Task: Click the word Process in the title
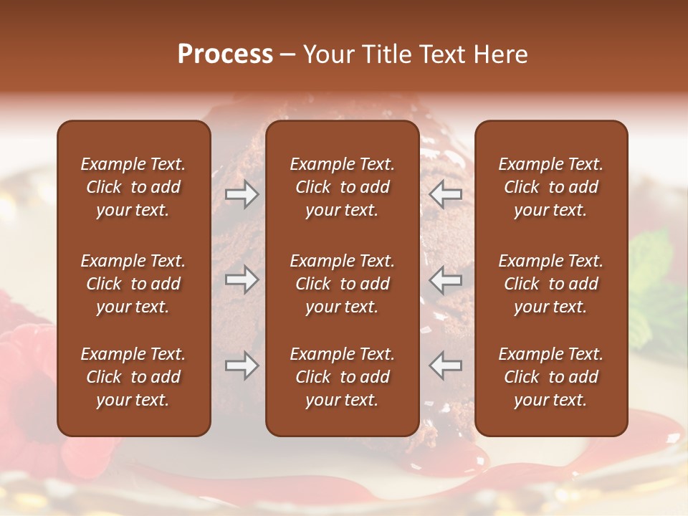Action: [x=225, y=54]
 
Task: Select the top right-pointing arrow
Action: [x=242, y=194]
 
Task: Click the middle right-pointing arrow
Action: [x=242, y=279]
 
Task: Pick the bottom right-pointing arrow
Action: [x=242, y=365]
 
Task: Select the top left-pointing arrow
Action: [x=446, y=194]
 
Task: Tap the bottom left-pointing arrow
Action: [x=446, y=365]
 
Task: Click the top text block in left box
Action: [x=133, y=187]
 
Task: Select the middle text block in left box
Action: [x=133, y=284]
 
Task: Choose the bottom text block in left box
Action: [x=133, y=377]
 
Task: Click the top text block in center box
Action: [x=343, y=187]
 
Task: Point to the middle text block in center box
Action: [x=343, y=284]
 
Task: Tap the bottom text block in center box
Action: [x=343, y=377]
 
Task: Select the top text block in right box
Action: [x=551, y=187]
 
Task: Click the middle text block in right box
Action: [x=551, y=284]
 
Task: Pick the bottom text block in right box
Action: [x=551, y=377]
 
